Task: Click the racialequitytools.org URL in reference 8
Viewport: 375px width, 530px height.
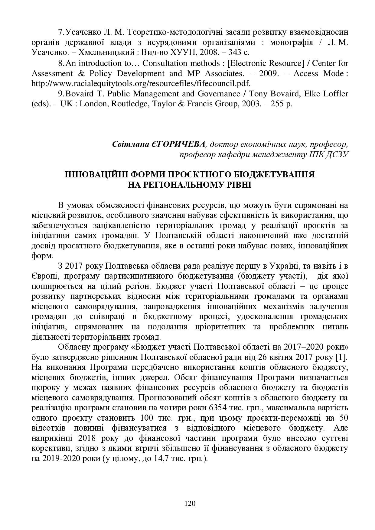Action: (141, 83)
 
